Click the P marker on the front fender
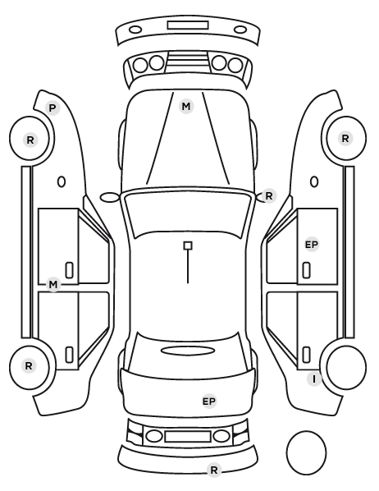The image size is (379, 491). coord(53,108)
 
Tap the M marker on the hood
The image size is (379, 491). coord(186,107)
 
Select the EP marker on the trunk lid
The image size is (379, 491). coord(209,402)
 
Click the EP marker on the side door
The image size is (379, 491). coord(312,245)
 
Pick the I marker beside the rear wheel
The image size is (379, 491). coord(314,379)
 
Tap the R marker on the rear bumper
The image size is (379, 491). coord(214,470)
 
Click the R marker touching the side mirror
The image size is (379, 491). coord(269,196)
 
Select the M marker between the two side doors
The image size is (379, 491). coord(53,285)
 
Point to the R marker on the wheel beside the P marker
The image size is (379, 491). coord(30,140)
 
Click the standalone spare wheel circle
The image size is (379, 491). coord(306,452)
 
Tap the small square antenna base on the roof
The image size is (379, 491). coord(188,245)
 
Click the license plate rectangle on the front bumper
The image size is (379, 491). coord(188,25)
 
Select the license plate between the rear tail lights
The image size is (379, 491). coord(188,436)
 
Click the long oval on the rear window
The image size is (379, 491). coord(188,351)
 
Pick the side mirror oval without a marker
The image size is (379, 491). coord(109,197)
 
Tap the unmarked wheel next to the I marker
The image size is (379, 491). coord(346,367)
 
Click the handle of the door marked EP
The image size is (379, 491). coord(307,270)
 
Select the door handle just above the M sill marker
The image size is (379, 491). coord(70,270)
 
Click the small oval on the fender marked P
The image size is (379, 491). coord(62,181)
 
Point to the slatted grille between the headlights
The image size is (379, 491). coord(188,61)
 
